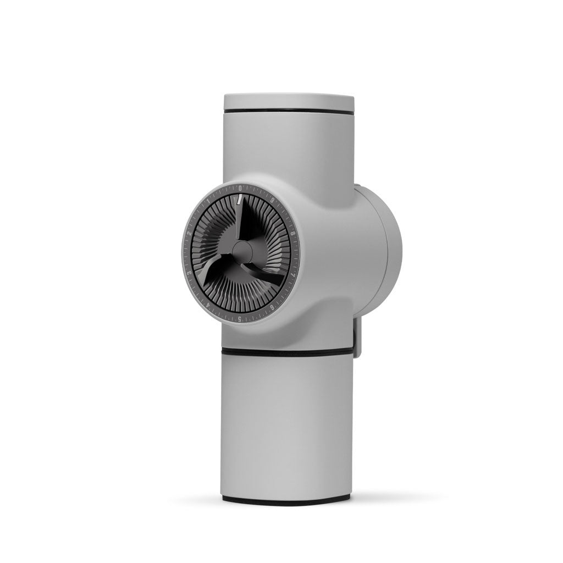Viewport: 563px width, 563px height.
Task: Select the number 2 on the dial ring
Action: point(189,234)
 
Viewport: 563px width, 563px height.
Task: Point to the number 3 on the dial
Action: point(189,273)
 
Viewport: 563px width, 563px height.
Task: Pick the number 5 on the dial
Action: point(239,319)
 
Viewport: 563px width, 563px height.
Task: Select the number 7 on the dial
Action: point(292,273)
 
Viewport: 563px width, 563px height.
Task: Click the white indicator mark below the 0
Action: point(240,199)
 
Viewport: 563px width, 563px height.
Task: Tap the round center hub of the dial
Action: point(240,253)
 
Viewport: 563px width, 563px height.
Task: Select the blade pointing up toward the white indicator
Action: point(246,223)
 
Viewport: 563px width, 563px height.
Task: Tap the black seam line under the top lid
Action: point(288,112)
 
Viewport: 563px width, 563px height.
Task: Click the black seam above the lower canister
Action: point(288,351)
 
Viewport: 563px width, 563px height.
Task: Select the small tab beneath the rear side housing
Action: point(357,338)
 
